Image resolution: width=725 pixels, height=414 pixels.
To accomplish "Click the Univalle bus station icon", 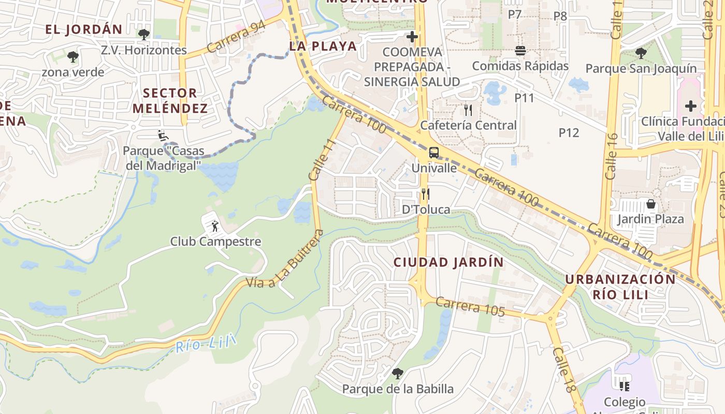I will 434,153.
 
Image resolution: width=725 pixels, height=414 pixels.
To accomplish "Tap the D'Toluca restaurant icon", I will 425,194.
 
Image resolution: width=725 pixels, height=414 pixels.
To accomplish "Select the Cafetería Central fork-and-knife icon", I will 468,110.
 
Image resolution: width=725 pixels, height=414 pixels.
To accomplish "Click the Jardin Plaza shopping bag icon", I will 651,204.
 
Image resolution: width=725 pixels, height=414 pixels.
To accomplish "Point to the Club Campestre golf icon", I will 215,226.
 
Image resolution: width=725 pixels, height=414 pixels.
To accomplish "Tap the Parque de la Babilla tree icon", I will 398,373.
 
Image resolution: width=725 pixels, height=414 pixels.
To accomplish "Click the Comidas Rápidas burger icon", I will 520,51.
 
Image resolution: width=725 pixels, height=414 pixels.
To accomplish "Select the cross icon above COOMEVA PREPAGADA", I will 412,37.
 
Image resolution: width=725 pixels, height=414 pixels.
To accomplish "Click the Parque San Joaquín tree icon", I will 641,53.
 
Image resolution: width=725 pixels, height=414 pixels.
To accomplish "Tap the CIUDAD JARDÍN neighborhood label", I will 448,262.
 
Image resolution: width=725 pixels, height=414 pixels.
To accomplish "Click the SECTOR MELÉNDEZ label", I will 170,101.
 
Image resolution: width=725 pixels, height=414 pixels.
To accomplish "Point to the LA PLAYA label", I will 323,46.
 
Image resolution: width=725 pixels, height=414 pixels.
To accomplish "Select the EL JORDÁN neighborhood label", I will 83,29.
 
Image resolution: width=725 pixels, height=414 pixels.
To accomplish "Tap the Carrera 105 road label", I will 470,307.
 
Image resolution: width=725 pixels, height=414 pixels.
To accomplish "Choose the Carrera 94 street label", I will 236,37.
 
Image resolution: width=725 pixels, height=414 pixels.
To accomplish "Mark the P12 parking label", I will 569,132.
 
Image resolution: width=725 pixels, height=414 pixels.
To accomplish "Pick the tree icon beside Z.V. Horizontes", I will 144,35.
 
